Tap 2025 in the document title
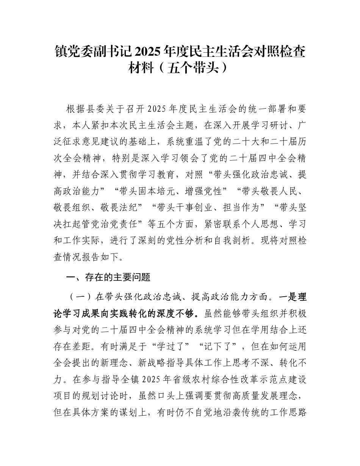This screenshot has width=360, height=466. point(149,52)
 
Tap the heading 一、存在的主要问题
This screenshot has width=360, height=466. point(108,277)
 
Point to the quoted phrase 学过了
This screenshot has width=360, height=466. point(157,346)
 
